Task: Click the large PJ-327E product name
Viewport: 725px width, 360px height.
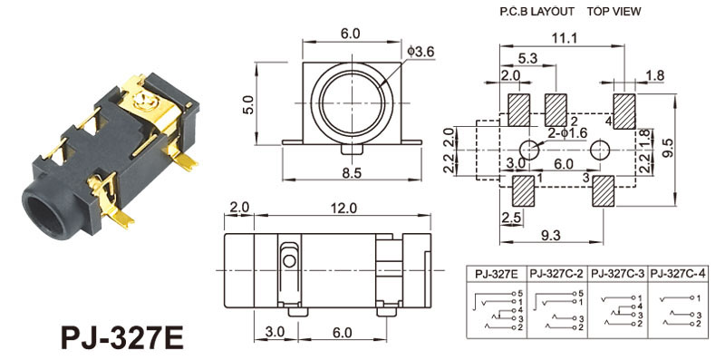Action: (x=122, y=337)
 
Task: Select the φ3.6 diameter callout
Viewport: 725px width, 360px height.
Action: (x=421, y=52)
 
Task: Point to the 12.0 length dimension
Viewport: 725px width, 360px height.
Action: (x=344, y=209)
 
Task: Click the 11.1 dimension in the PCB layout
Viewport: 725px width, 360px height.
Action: (x=564, y=38)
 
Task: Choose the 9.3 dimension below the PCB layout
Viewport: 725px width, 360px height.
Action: (x=550, y=235)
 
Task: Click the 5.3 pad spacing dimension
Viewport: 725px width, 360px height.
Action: (x=527, y=59)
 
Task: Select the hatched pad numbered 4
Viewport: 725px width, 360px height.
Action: (x=624, y=111)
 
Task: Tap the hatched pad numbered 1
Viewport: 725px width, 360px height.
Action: (x=524, y=191)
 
